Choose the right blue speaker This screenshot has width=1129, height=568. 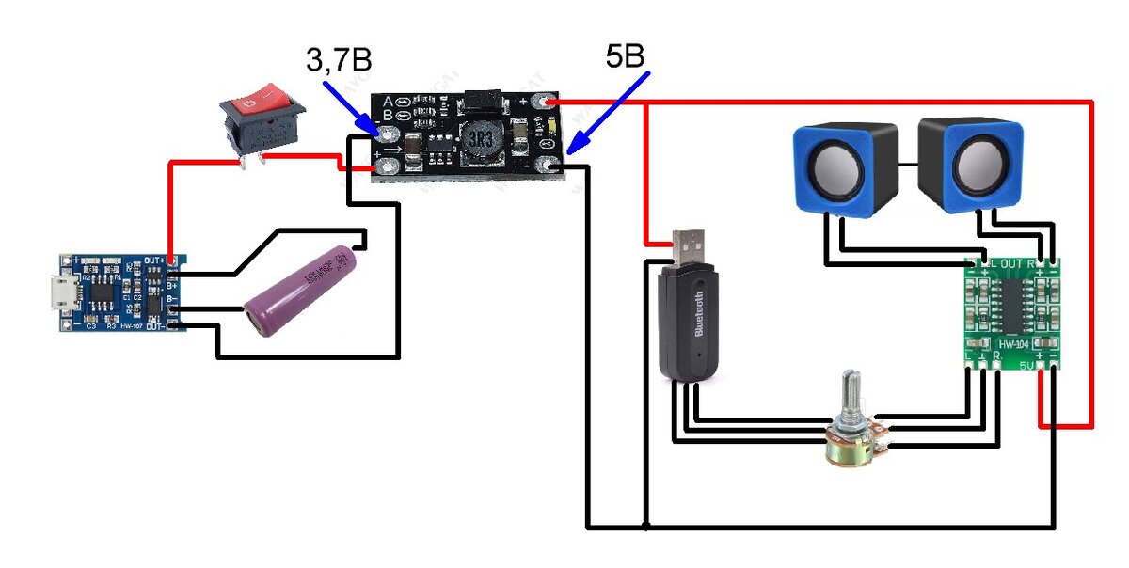coord(969,166)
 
